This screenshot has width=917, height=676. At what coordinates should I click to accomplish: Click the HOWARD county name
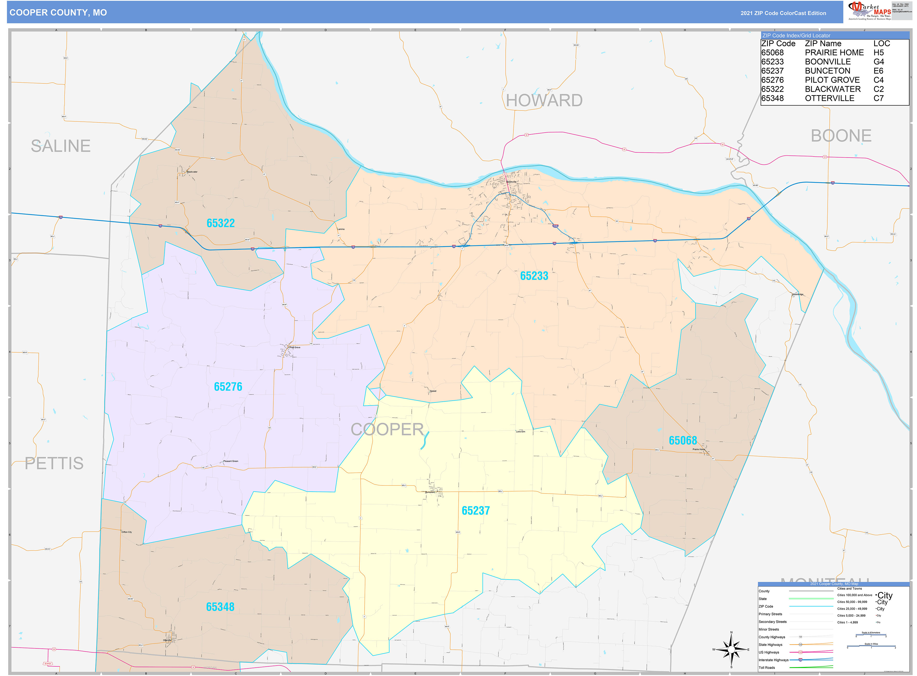coord(544,101)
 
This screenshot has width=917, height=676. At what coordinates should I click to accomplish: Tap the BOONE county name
coord(841,136)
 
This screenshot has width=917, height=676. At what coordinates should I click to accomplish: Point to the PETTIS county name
coord(54,464)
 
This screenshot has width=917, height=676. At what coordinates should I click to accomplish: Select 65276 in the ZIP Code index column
coord(772,80)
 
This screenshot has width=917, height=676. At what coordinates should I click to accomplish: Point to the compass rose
coord(731,649)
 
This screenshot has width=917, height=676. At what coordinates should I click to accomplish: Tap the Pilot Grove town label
coord(294,347)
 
